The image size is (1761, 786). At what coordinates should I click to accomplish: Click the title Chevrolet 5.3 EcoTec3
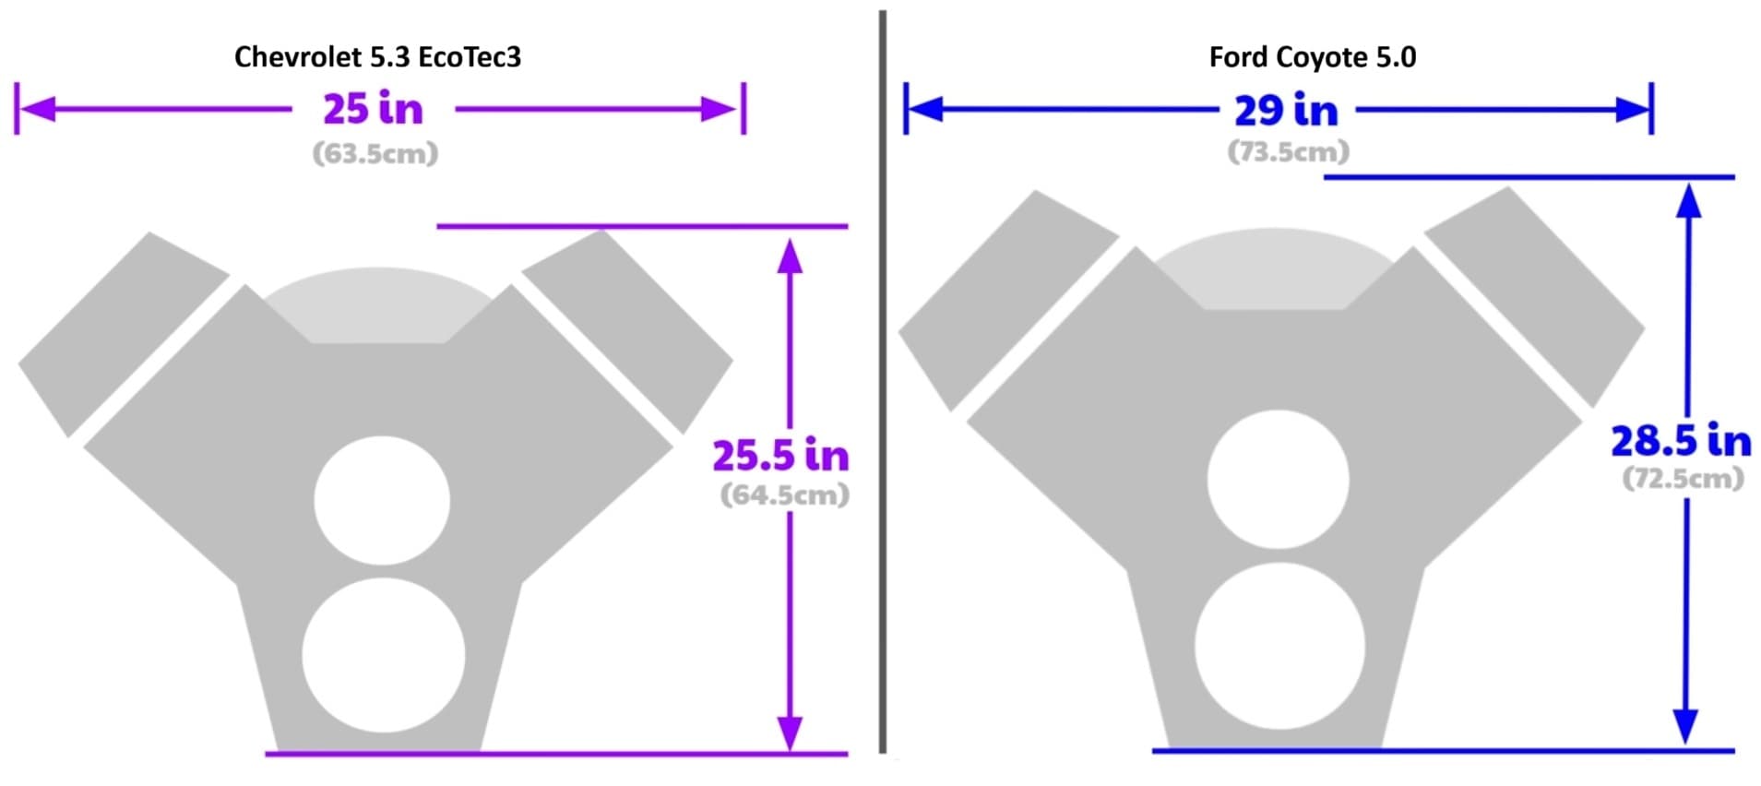[377, 57]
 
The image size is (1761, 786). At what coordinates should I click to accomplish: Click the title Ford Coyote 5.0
[1312, 57]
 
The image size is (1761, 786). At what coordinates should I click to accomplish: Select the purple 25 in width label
[373, 109]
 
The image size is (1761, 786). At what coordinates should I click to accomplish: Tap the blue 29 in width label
[1286, 111]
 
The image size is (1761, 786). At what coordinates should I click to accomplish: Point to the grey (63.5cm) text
[375, 153]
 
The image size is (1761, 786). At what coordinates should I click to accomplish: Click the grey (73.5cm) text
[1288, 151]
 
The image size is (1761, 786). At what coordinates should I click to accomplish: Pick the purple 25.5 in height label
[780, 456]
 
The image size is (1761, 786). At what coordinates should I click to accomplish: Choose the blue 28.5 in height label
[1681, 441]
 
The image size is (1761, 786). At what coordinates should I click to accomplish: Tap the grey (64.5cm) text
[784, 494]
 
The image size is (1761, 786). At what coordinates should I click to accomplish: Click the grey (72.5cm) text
[1683, 478]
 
